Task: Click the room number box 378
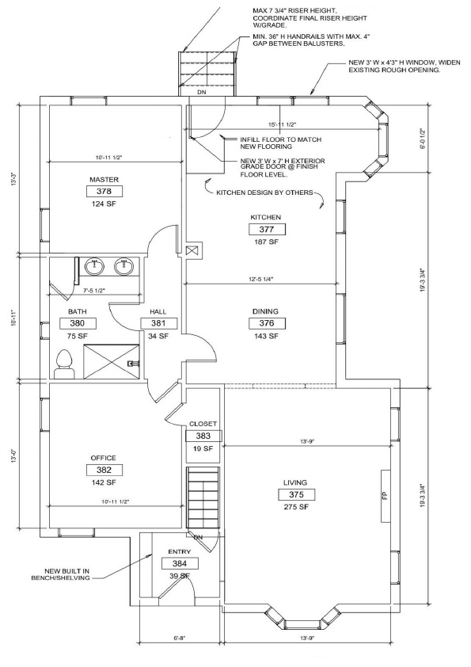pyautogui.click(x=104, y=192)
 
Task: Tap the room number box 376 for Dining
pyautogui.click(x=266, y=324)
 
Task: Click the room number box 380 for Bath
pyautogui.click(x=77, y=323)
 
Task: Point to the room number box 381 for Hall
pyautogui.click(x=158, y=323)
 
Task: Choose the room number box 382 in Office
pyautogui.click(x=103, y=470)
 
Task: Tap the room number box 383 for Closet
pyautogui.click(x=203, y=436)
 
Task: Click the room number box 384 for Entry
pyautogui.click(x=180, y=563)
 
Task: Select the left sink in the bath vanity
pyautogui.click(x=95, y=265)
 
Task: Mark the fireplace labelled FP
pyautogui.click(x=385, y=496)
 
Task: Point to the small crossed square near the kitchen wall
pyautogui.click(x=191, y=250)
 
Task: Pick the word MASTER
pyautogui.click(x=104, y=180)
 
